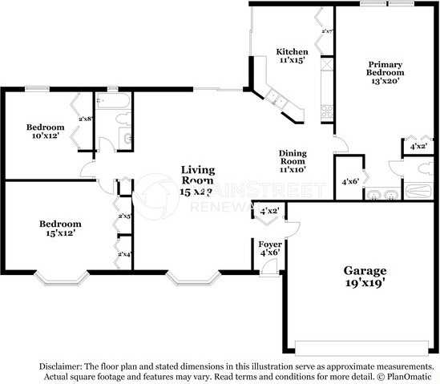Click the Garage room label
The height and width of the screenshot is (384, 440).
[x=365, y=271]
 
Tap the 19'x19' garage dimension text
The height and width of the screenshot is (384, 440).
[x=365, y=283]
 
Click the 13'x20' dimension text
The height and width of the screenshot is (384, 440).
[x=384, y=80]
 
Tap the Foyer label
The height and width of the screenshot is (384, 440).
[x=268, y=243]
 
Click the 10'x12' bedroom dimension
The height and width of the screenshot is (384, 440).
[x=45, y=137]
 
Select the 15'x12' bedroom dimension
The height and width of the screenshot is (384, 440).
[x=60, y=233]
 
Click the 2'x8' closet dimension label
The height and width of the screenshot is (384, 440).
[x=85, y=119]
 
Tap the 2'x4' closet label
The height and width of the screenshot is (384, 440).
[x=125, y=254]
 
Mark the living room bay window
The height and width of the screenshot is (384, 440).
[x=192, y=280]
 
